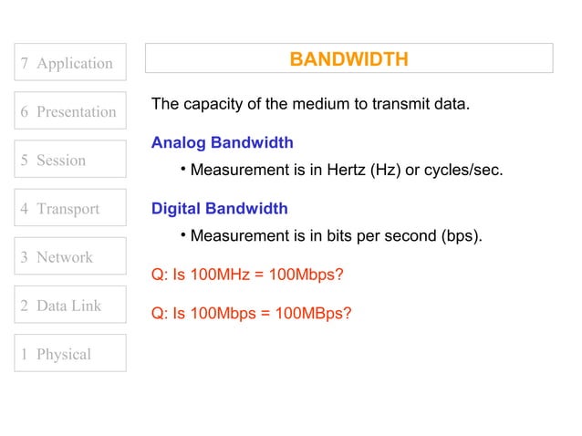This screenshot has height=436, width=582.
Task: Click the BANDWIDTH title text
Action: click(x=348, y=59)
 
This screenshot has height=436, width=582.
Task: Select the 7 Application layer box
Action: click(x=69, y=63)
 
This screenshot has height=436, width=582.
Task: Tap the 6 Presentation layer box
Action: click(x=69, y=111)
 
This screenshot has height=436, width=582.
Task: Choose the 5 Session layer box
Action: click(x=69, y=160)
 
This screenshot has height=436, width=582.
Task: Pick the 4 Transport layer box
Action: click(x=69, y=208)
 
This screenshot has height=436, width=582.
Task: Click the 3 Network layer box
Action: click(x=69, y=256)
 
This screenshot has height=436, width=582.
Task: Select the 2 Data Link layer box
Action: click(x=69, y=306)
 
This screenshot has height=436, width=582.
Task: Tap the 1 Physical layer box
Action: click(x=69, y=354)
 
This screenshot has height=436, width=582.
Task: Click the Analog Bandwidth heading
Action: click(x=222, y=143)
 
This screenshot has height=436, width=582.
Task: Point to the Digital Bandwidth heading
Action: click(x=219, y=209)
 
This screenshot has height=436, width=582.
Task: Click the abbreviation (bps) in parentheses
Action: click(x=460, y=236)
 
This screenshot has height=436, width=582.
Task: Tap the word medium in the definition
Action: click(x=320, y=104)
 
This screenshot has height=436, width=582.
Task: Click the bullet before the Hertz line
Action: click(x=182, y=169)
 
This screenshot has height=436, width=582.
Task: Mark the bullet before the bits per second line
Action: click(x=182, y=234)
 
